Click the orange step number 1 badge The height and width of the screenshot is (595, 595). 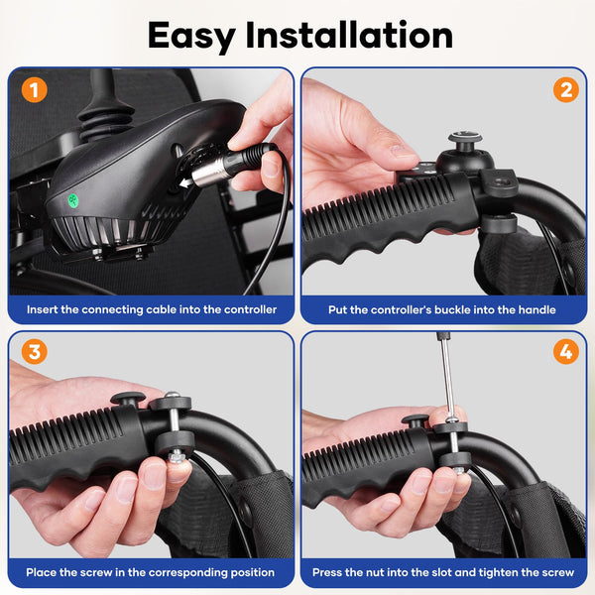click(34, 90)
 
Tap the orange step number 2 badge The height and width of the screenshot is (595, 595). click(566, 90)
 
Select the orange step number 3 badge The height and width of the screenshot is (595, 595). click(34, 351)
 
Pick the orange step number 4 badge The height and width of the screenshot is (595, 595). click(566, 351)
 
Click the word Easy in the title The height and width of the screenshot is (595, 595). click(191, 37)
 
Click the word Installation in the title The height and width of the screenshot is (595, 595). click(349, 35)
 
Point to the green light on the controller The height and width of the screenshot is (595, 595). click(72, 200)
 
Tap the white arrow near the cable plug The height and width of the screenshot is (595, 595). click(186, 182)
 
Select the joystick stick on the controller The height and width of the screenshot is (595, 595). click(103, 97)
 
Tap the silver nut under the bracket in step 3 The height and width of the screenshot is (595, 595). click(176, 456)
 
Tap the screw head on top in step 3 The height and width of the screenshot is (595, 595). click(173, 395)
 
